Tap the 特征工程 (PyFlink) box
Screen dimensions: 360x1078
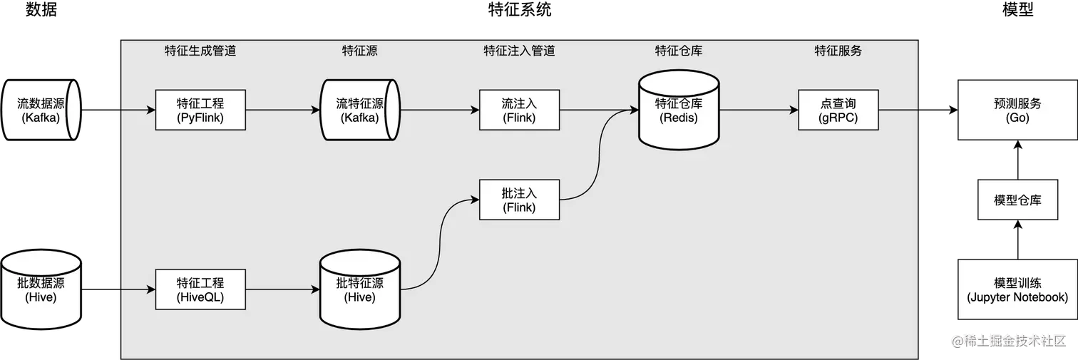point(200,110)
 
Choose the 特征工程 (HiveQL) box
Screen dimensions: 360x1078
point(200,289)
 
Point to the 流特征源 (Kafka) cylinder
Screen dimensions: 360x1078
point(359,110)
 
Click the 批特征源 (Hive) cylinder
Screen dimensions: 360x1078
point(359,289)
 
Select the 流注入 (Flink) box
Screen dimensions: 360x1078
point(519,110)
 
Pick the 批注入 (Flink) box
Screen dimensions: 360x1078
point(519,200)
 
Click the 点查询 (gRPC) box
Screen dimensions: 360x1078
point(838,110)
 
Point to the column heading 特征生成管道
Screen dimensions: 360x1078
point(200,51)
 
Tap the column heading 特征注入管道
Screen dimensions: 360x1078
point(519,51)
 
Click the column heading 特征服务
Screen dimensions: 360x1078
point(838,51)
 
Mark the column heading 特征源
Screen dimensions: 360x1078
point(359,51)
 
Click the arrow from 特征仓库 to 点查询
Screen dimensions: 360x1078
point(759,110)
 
